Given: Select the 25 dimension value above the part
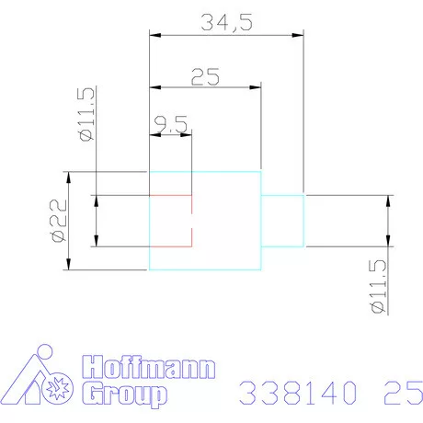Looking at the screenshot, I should click(x=205, y=76).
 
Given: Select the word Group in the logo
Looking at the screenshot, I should click(x=124, y=395).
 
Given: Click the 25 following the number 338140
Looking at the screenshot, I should click(x=397, y=394).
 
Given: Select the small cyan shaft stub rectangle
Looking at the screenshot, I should click(x=282, y=221).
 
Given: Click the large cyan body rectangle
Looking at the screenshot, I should click(x=221, y=221).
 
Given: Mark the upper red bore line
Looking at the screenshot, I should click(x=170, y=196).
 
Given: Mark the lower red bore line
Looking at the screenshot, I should click(x=170, y=246).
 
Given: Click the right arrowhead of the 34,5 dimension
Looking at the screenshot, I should click(x=299, y=35).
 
